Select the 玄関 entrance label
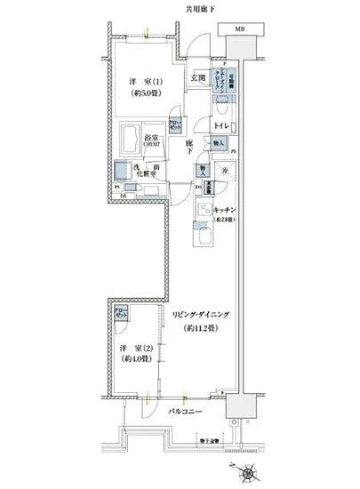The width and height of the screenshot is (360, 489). (x=197, y=77)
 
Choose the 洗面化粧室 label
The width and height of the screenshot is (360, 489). (x=148, y=170)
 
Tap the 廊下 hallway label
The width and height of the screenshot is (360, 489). (x=191, y=147)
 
